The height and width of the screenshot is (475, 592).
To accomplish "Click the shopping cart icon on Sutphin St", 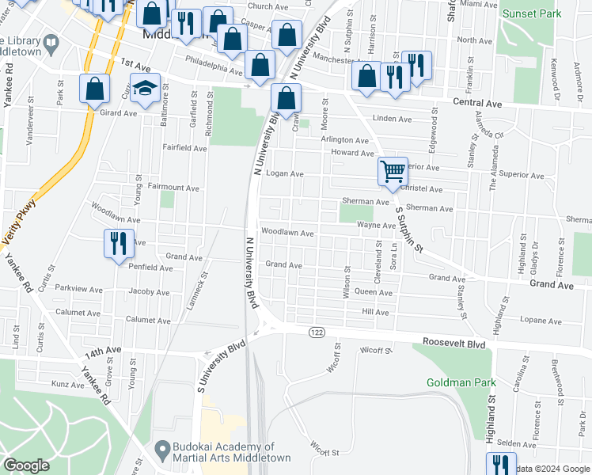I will [393, 171].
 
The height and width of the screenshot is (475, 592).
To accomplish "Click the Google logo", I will [27, 465].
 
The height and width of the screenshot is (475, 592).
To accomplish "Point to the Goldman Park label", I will [461, 382].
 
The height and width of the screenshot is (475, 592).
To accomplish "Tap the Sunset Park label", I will [532, 13].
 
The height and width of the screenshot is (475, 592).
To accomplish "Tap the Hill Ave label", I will [375, 313].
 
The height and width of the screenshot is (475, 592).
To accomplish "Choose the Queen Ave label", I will [374, 292].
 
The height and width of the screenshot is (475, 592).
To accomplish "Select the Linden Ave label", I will [393, 120].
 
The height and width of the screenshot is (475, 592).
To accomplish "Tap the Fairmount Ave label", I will [174, 188].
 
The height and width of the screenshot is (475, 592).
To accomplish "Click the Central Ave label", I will [478, 102].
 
